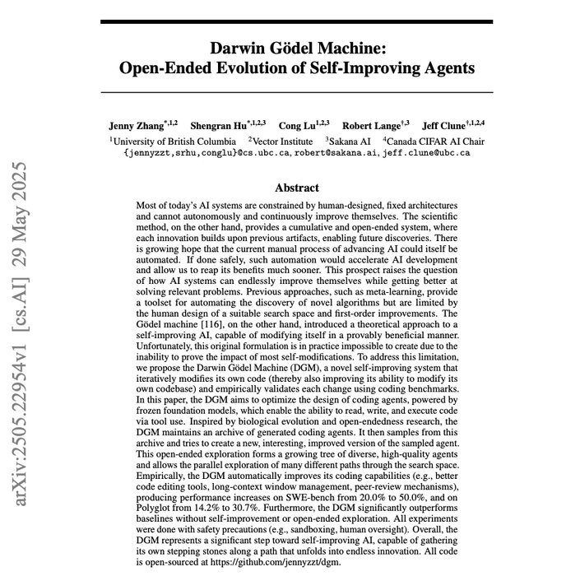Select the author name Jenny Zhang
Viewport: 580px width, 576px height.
click(x=134, y=126)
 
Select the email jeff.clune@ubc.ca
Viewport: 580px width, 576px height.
click(x=434, y=153)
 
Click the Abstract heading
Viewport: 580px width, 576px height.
click(x=297, y=188)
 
